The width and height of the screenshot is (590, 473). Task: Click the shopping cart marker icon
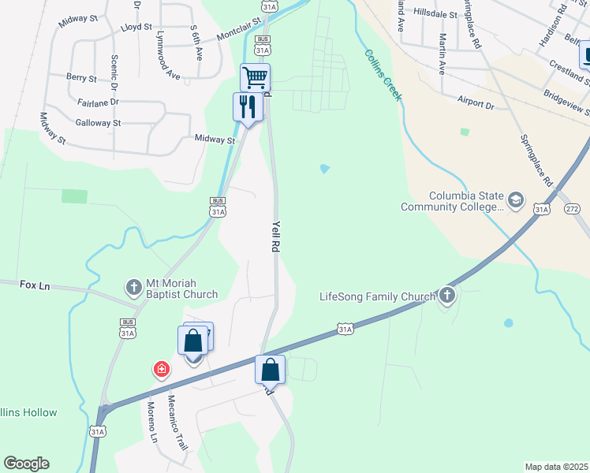(x=255, y=78)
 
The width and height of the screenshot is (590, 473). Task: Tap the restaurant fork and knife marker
(x=248, y=106)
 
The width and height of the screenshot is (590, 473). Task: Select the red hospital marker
(x=161, y=368)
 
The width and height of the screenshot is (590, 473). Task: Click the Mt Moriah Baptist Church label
(x=181, y=289)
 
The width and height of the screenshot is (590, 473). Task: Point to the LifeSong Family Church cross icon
(x=447, y=296)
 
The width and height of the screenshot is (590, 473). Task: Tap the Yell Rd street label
(x=275, y=235)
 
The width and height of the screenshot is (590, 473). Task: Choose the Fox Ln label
(x=35, y=285)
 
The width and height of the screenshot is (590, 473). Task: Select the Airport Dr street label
(x=476, y=103)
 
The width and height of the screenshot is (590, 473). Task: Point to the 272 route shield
(x=573, y=209)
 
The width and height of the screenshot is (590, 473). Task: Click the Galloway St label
(x=98, y=122)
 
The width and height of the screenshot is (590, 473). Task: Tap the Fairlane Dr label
(x=98, y=102)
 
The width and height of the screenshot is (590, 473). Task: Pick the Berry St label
(x=81, y=78)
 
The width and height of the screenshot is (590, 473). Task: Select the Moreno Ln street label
(x=152, y=423)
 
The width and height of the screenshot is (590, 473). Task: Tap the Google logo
(x=26, y=464)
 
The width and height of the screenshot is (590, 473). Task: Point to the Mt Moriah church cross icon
(x=133, y=285)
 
